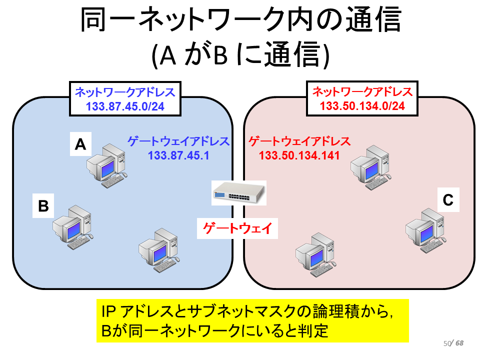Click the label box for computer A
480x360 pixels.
click(x=80, y=144)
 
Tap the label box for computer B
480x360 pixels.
click(x=43, y=205)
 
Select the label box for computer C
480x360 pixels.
click(x=448, y=200)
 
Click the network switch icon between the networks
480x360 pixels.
click(x=239, y=192)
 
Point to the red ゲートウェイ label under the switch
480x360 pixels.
click(x=237, y=228)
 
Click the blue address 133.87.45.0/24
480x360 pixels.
click(x=125, y=106)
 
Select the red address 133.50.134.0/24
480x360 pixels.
click(x=362, y=106)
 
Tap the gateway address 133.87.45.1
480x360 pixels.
click(x=178, y=155)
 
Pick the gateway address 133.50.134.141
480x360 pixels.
click(x=299, y=155)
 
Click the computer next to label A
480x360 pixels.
click(x=107, y=166)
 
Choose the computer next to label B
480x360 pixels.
click(x=73, y=227)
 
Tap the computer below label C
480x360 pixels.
click(x=426, y=230)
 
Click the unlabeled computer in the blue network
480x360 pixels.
click(x=159, y=250)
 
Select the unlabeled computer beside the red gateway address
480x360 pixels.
click(x=371, y=167)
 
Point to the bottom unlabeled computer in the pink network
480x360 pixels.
click(x=316, y=254)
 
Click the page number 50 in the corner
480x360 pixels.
click(x=447, y=343)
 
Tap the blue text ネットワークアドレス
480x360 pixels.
click(x=125, y=92)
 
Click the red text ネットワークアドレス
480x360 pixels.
click(x=362, y=91)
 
